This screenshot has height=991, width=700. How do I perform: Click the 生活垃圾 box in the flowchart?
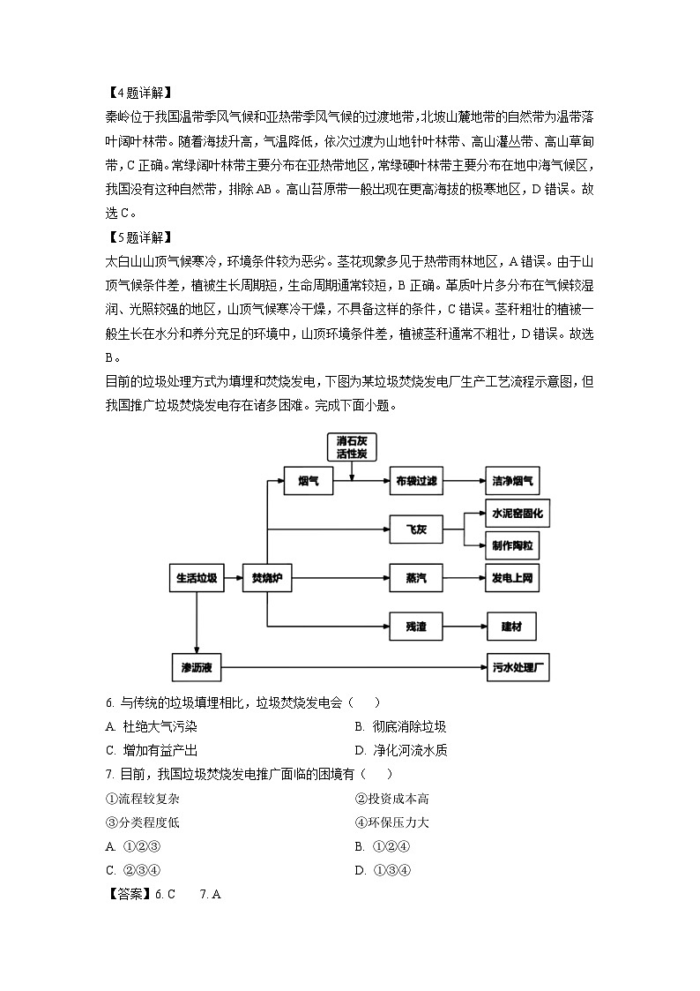coord(196,579)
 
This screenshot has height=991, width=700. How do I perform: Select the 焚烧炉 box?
coord(266,579)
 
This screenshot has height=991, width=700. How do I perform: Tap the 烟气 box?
coord(309,481)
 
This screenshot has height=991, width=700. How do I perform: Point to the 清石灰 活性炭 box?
coord(351,447)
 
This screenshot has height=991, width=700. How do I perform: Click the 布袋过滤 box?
coord(416,481)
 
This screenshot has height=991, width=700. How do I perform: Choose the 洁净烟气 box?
coord(510,481)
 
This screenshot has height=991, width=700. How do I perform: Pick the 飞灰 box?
coord(416,529)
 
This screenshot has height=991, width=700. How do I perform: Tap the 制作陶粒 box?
coord(511,545)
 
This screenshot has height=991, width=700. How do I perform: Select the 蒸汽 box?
coord(416,579)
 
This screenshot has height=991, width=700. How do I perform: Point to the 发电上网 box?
coord(511,579)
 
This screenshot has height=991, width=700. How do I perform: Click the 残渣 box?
coord(416,627)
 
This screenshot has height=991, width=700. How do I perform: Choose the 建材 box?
coord(511,627)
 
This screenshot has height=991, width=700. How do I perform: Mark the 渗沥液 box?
coord(196,667)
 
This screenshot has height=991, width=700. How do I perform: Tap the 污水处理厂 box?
coord(518,667)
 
